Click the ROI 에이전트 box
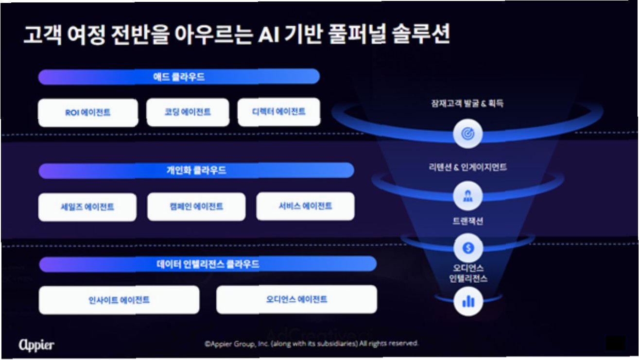(x=88, y=113)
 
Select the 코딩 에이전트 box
(x=188, y=112)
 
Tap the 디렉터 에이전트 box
(x=279, y=112)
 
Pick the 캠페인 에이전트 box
(x=196, y=206)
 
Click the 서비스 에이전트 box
(x=305, y=206)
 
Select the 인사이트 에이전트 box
(x=119, y=300)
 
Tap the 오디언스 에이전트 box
(x=296, y=299)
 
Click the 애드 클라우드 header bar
(x=179, y=77)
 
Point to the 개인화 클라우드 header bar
(x=196, y=171)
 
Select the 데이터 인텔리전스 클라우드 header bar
(x=207, y=264)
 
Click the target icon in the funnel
(x=467, y=134)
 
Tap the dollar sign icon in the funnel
(x=468, y=248)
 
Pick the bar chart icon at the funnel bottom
(x=468, y=302)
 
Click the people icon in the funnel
(x=467, y=196)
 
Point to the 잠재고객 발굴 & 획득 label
(x=467, y=103)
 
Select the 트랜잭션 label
(x=467, y=221)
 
